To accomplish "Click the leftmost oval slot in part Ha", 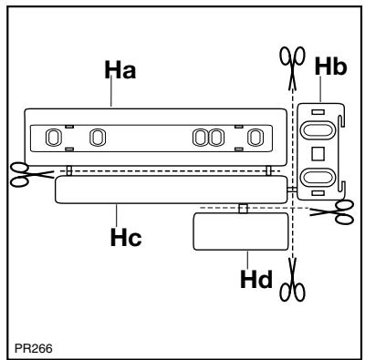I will click(53, 138).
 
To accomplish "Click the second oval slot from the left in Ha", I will click(97, 138).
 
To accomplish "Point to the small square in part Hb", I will click(318, 149).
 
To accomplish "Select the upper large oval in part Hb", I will click(318, 125).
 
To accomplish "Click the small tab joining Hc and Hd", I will click(242, 209).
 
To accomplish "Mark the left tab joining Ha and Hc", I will click(68, 170).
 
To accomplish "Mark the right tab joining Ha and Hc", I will click(266, 170).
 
